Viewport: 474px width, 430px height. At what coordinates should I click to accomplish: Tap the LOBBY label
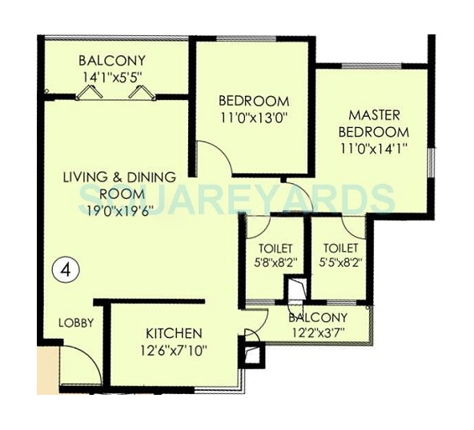point(77,323)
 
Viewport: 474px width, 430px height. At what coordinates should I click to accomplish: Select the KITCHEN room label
point(173,332)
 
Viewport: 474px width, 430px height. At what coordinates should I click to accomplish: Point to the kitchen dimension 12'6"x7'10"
point(173,348)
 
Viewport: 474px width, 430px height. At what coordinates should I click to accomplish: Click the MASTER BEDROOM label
point(373,123)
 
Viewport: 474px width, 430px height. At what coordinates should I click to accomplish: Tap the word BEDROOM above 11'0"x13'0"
point(253,101)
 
